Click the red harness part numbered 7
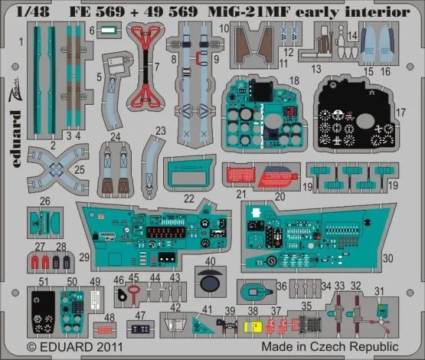click(x=147, y=65)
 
